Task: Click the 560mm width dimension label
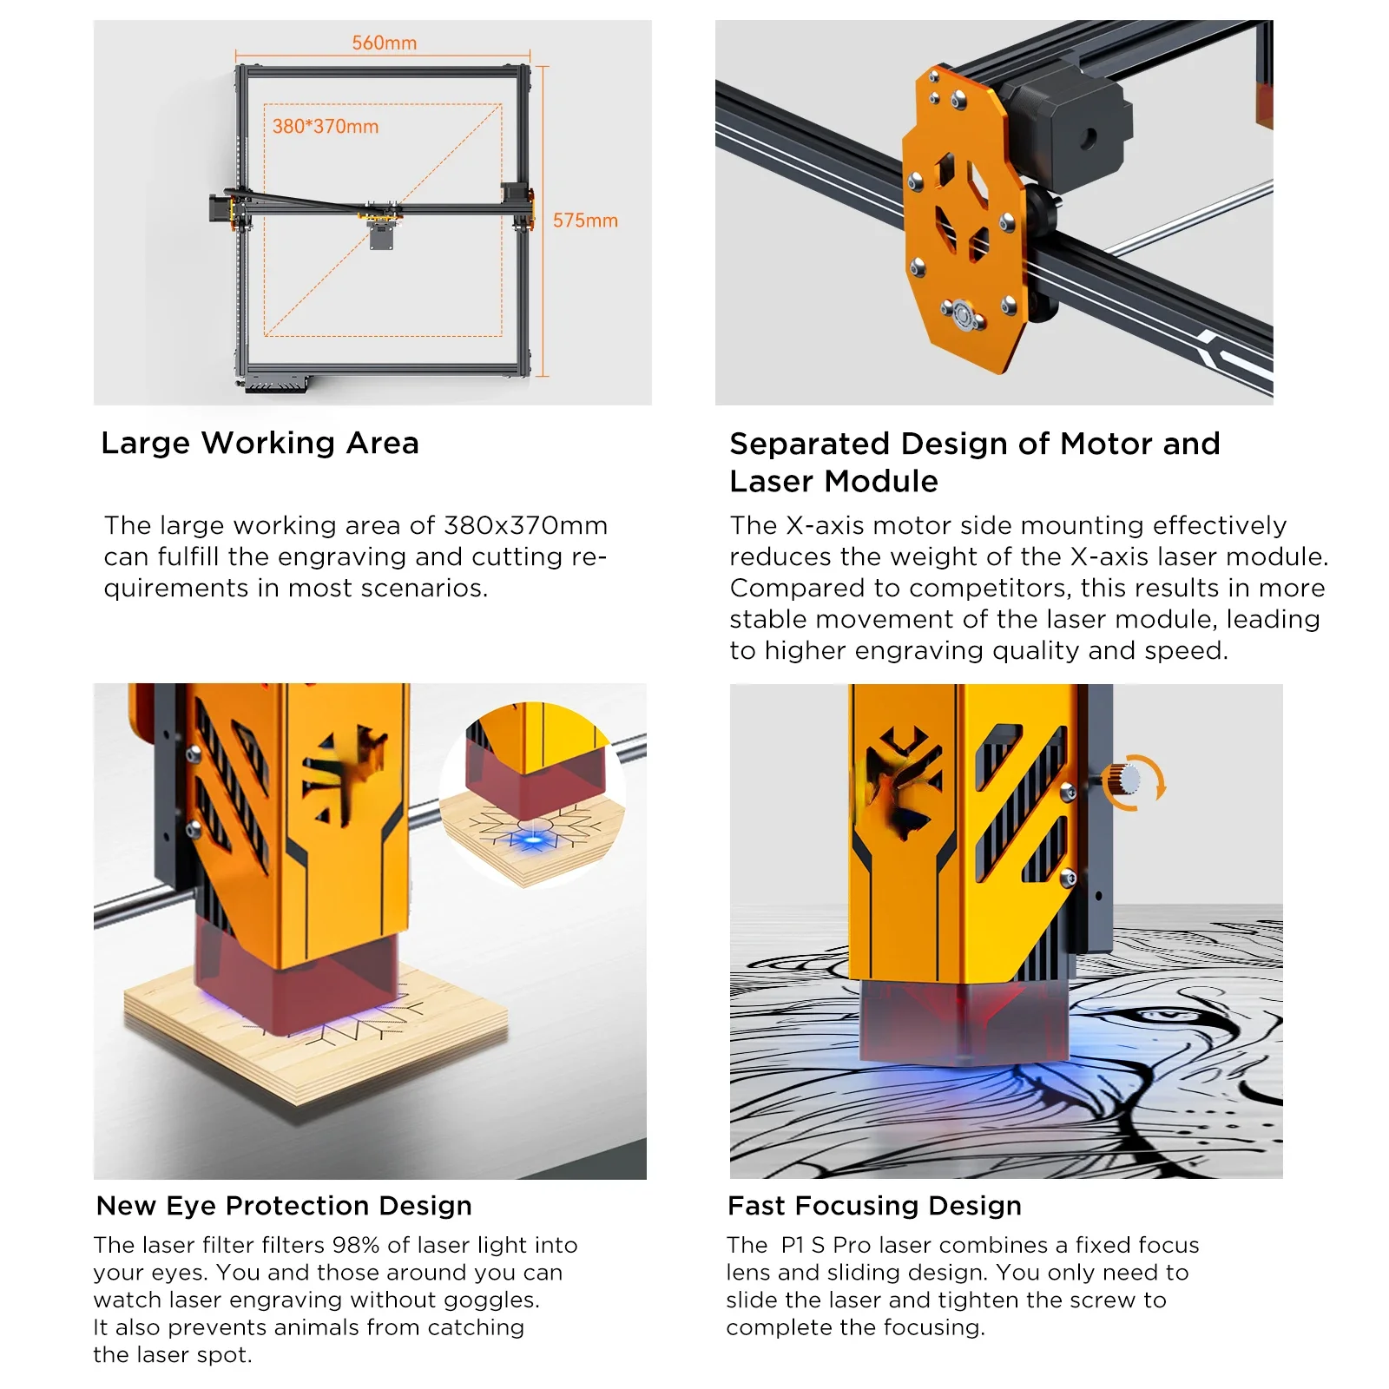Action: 384,43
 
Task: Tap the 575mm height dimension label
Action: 585,221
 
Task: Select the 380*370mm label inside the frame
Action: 326,127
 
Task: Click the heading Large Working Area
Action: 260,443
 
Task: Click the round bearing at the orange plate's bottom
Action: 963,314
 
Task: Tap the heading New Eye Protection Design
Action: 284,1206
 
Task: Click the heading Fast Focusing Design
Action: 874,1206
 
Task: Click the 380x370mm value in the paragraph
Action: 525,525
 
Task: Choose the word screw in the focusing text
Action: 1102,1300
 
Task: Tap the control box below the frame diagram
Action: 276,383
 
